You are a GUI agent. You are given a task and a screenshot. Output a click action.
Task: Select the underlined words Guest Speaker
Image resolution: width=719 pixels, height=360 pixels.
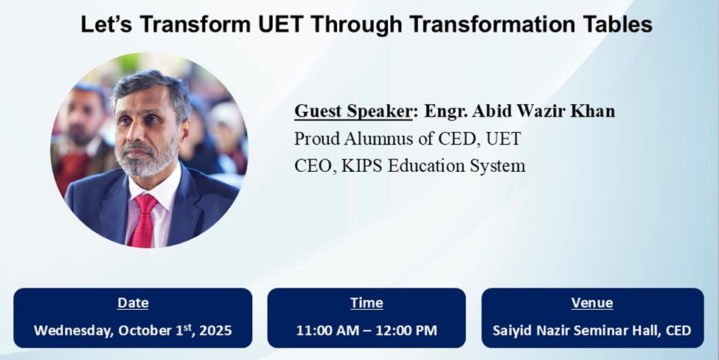point(353,111)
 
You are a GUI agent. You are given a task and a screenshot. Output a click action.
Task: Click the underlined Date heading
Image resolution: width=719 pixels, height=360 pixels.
point(133,302)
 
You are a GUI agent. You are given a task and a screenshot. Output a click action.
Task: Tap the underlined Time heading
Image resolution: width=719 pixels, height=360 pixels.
point(367,302)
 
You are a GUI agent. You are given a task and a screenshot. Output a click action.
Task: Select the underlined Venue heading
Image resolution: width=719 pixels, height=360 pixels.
point(592,302)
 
